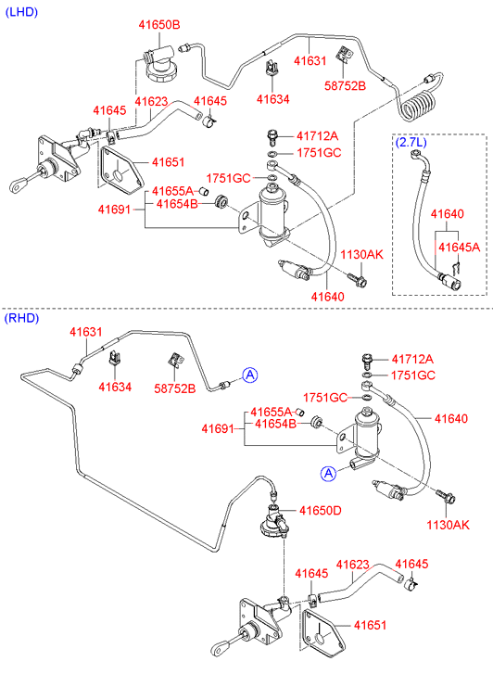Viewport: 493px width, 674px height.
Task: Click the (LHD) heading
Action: (x=21, y=12)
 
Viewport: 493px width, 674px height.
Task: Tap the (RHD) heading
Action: (x=21, y=318)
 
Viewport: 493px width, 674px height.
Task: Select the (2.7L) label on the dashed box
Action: (x=411, y=142)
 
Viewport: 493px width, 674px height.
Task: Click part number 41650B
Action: (x=159, y=25)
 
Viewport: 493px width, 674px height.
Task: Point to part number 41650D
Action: (x=321, y=511)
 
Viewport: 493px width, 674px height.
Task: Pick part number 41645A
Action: (x=459, y=248)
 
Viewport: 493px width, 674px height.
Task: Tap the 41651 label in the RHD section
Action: (x=370, y=625)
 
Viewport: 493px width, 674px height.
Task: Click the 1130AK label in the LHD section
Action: (x=361, y=254)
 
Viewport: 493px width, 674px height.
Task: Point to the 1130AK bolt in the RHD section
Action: (x=446, y=497)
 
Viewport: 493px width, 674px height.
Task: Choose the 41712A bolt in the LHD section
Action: (x=272, y=136)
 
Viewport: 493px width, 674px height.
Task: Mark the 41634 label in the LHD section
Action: (x=273, y=99)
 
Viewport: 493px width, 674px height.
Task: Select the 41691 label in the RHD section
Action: (x=218, y=428)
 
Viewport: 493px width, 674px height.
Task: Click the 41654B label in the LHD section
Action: (x=177, y=204)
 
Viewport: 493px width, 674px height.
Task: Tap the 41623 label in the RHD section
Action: (x=352, y=565)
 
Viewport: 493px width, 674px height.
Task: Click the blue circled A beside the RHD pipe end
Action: (x=249, y=375)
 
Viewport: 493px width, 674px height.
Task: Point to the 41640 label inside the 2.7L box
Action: (x=447, y=213)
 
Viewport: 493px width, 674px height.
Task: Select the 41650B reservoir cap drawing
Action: (x=158, y=64)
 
